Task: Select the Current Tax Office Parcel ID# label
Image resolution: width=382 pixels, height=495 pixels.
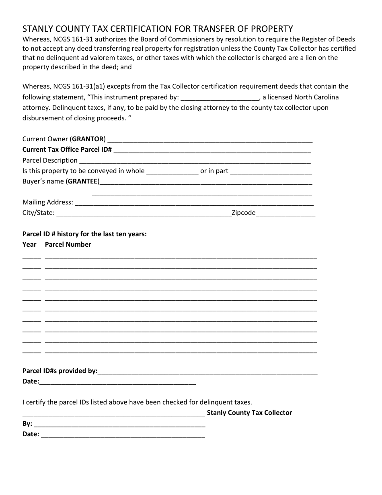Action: tap(67, 150)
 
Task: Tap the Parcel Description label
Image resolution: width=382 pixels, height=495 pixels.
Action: tap(50, 160)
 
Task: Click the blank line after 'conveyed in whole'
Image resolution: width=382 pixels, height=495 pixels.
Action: tap(172, 171)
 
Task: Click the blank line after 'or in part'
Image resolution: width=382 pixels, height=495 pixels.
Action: tap(271, 171)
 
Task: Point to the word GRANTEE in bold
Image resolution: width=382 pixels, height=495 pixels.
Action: tap(83, 181)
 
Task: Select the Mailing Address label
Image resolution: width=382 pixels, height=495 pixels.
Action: tap(47, 202)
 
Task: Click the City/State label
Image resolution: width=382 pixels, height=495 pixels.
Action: tap(38, 212)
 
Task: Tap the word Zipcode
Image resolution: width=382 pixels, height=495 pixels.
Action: tap(243, 212)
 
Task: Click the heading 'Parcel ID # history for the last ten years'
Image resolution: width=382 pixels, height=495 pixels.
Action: tap(84, 234)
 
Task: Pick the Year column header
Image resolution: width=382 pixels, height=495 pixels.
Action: tap(29, 244)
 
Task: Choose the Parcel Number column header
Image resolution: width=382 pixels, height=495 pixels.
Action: tap(68, 244)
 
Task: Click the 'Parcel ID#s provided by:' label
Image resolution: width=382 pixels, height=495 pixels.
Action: tap(60, 371)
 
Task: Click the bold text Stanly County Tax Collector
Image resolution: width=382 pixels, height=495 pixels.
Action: tap(249, 412)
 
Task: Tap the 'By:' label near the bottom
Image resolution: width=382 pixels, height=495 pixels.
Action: tap(27, 423)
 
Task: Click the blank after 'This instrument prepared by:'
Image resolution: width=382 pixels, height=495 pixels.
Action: tap(220, 98)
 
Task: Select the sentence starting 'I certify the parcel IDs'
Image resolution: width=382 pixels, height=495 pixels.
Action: tap(137, 402)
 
